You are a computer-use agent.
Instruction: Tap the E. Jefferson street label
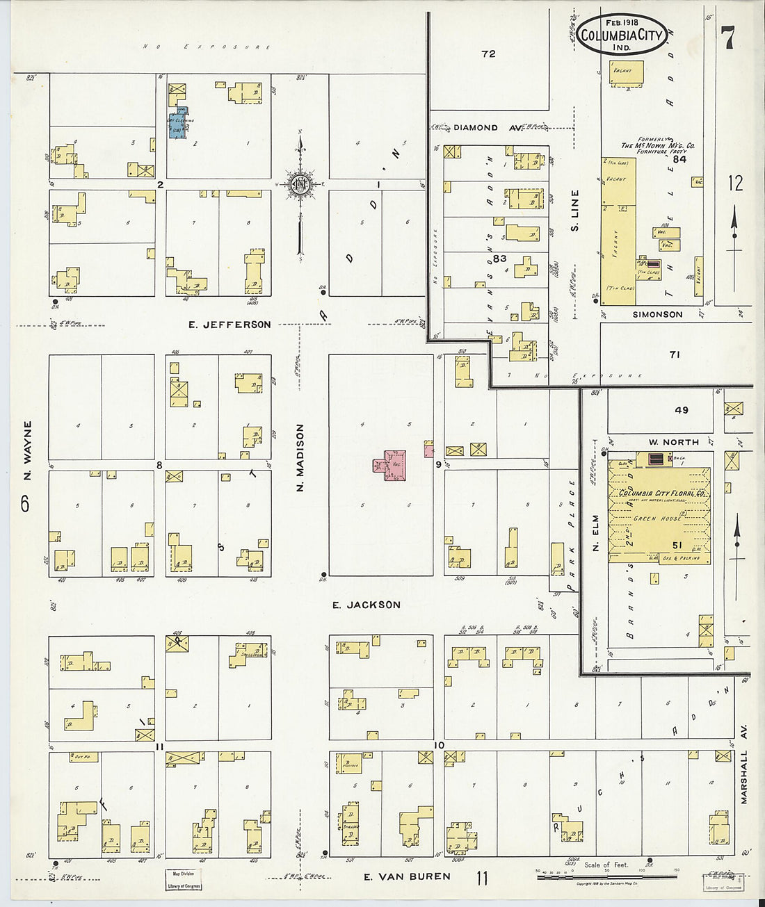click(230, 325)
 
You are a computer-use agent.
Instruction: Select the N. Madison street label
click(300, 458)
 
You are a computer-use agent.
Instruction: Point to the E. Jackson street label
click(366, 605)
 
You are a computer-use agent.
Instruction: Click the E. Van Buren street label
click(408, 876)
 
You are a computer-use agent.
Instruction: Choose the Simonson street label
click(657, 314)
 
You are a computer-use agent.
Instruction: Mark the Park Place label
click(572, 534)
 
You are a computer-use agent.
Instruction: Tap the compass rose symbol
click(300, 184)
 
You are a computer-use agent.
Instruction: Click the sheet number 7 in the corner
click(727, 38)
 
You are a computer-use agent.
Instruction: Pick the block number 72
click(488, 54)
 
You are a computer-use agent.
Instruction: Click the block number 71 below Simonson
click(675, 354)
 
